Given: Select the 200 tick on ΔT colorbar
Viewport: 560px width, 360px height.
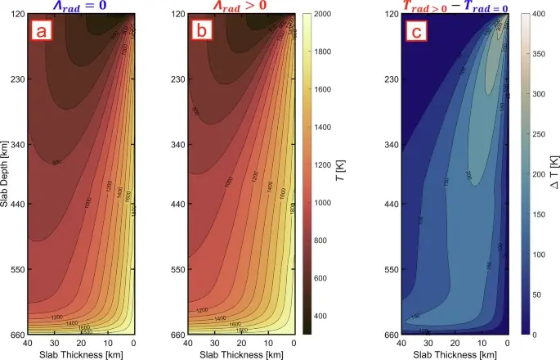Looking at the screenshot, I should (x=539, y=175).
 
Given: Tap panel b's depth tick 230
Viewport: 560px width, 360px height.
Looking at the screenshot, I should (x=178, y=79).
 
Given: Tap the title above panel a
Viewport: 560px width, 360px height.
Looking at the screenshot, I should (x=83, y=7).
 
